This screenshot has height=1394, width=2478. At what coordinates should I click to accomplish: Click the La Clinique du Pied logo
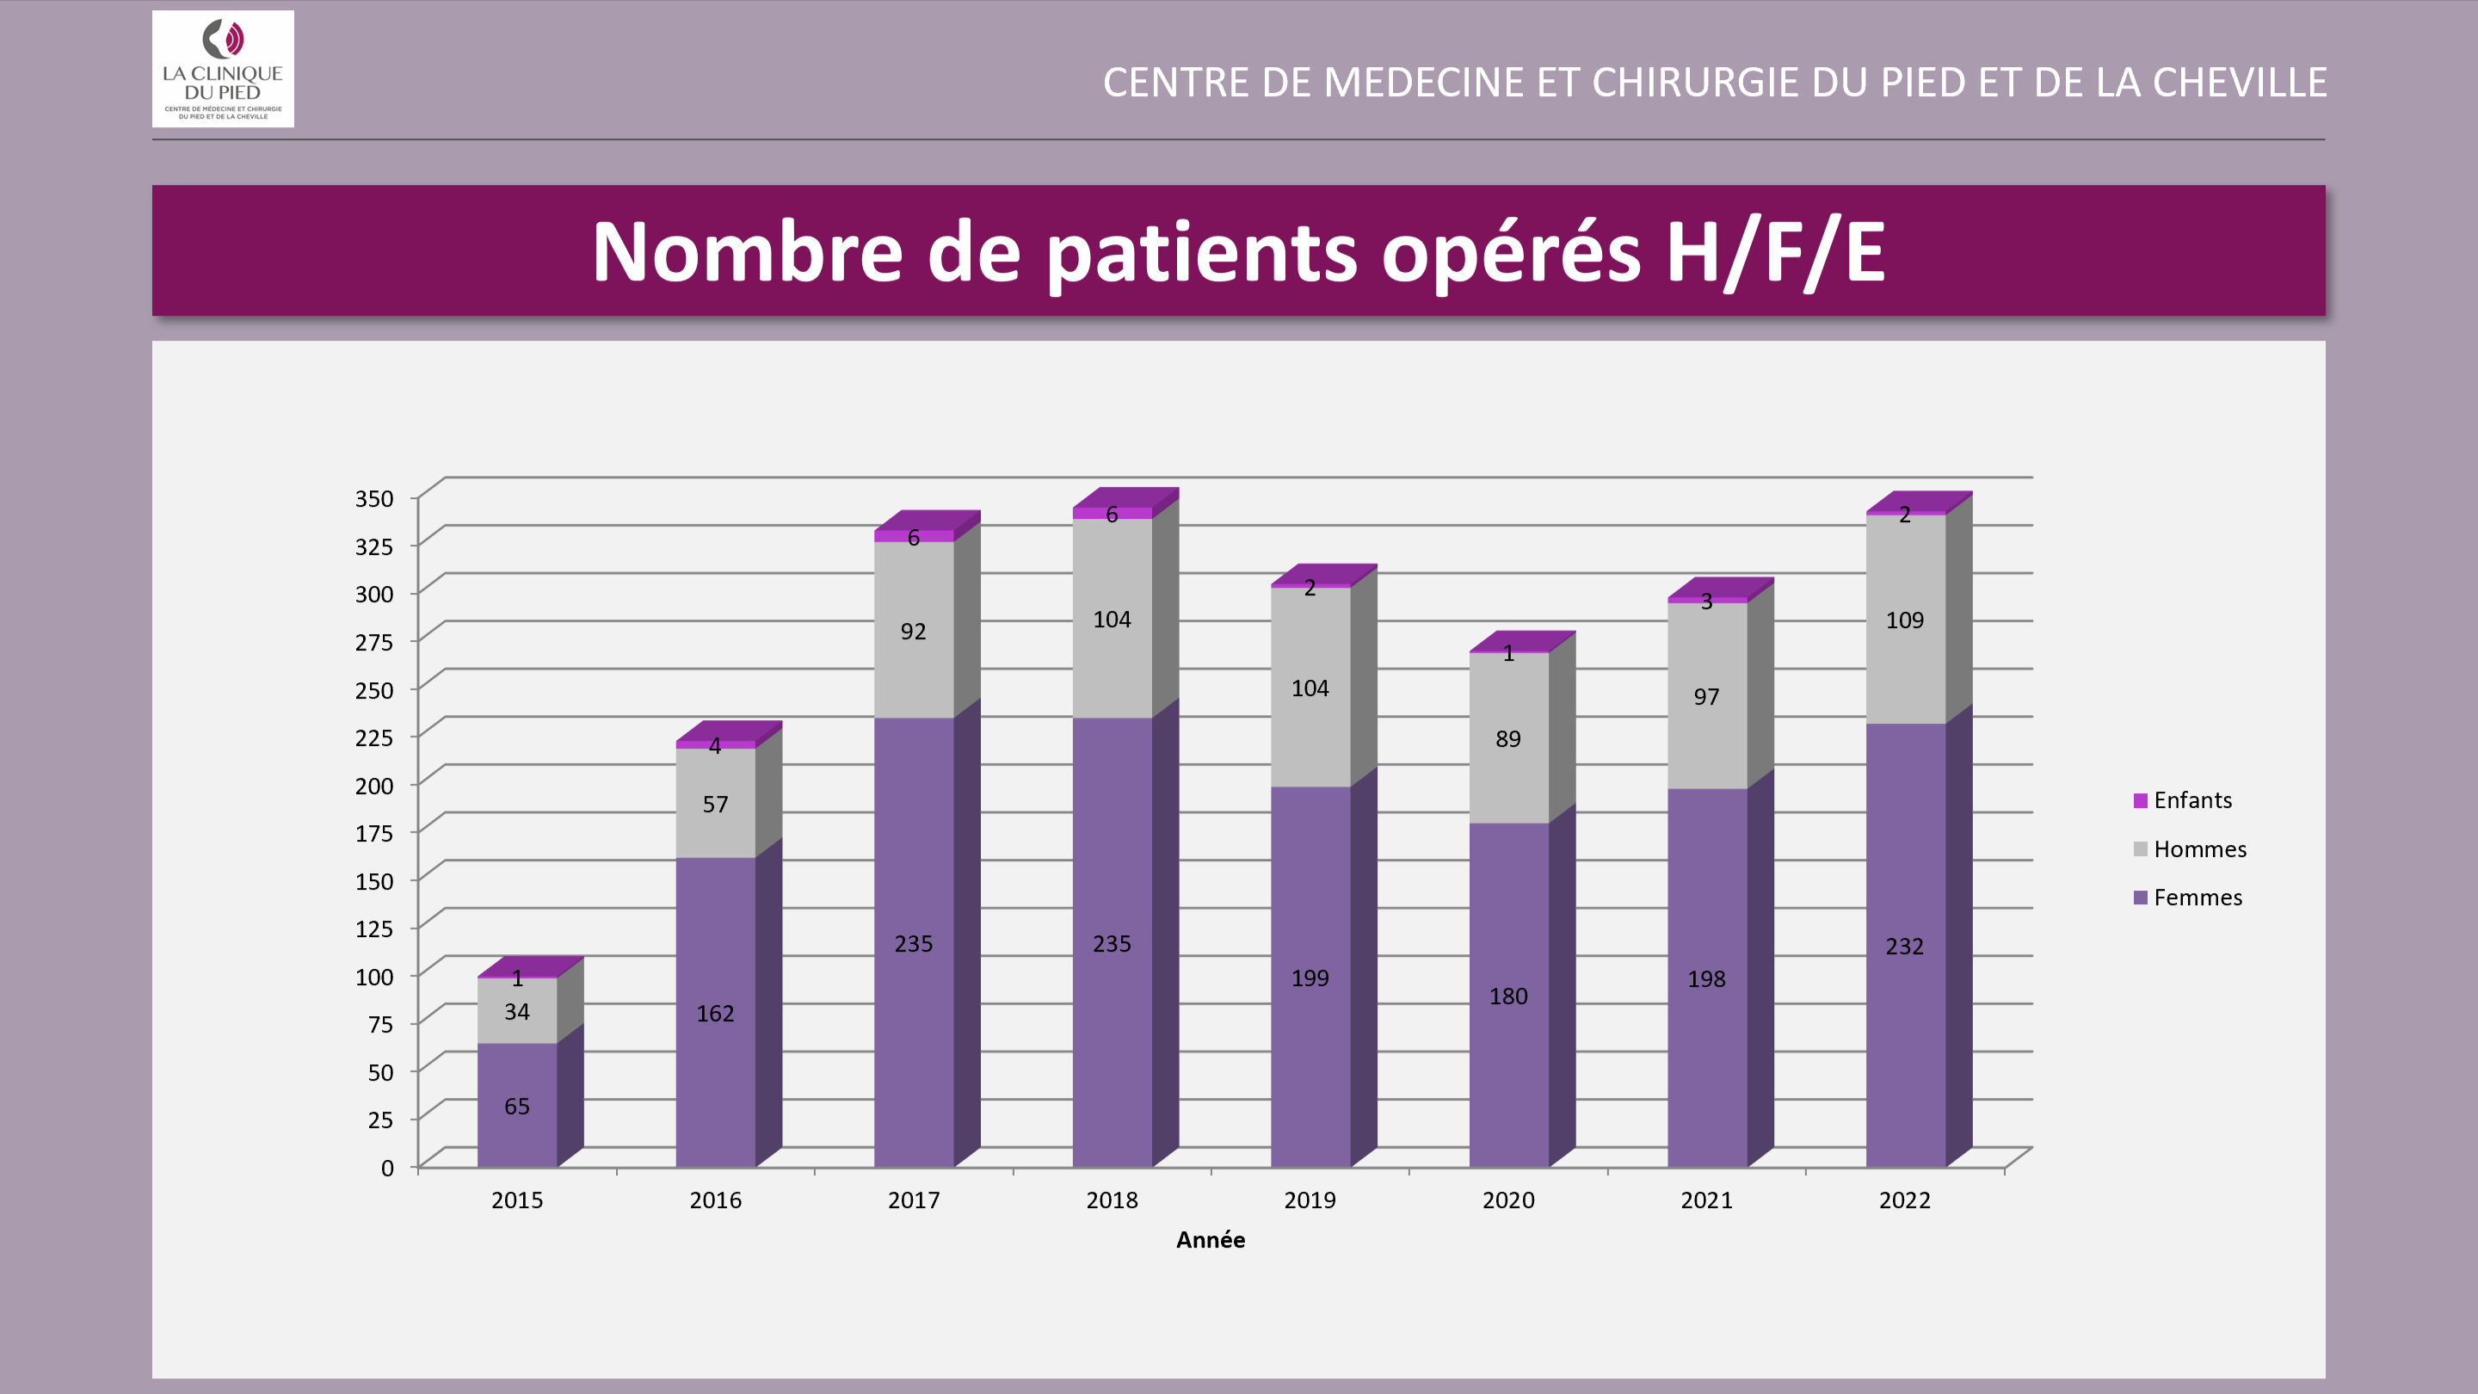(222, 68)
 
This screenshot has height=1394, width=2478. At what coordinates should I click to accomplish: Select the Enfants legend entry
(2191, 800)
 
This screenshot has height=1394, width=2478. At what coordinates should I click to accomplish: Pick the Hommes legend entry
(2199, 849)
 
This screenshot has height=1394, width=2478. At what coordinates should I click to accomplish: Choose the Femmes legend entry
(2198, 897)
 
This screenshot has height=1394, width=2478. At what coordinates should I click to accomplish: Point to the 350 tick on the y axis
(374, 498)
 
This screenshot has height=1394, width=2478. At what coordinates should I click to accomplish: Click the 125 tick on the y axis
(374, 928)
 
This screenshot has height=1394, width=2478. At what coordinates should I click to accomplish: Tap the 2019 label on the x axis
(1310, 1200)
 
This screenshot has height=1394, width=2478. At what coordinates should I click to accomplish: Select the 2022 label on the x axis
(1904, 1200)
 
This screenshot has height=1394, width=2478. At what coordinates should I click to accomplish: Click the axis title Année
(1210, 1240)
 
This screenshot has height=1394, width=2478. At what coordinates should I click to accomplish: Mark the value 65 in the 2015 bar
(516, 1107)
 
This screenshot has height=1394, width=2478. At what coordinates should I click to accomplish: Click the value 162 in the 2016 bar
(715, 1013)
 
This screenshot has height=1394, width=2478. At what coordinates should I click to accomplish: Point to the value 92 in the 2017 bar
(913, 631)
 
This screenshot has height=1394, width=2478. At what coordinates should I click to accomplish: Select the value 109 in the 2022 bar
(1904, 620)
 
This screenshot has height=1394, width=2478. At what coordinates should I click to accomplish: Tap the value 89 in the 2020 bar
(1507, 739)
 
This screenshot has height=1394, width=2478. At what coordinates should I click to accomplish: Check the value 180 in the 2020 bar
(1507, 996)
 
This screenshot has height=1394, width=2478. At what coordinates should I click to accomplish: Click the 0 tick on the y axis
(386, 1168)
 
